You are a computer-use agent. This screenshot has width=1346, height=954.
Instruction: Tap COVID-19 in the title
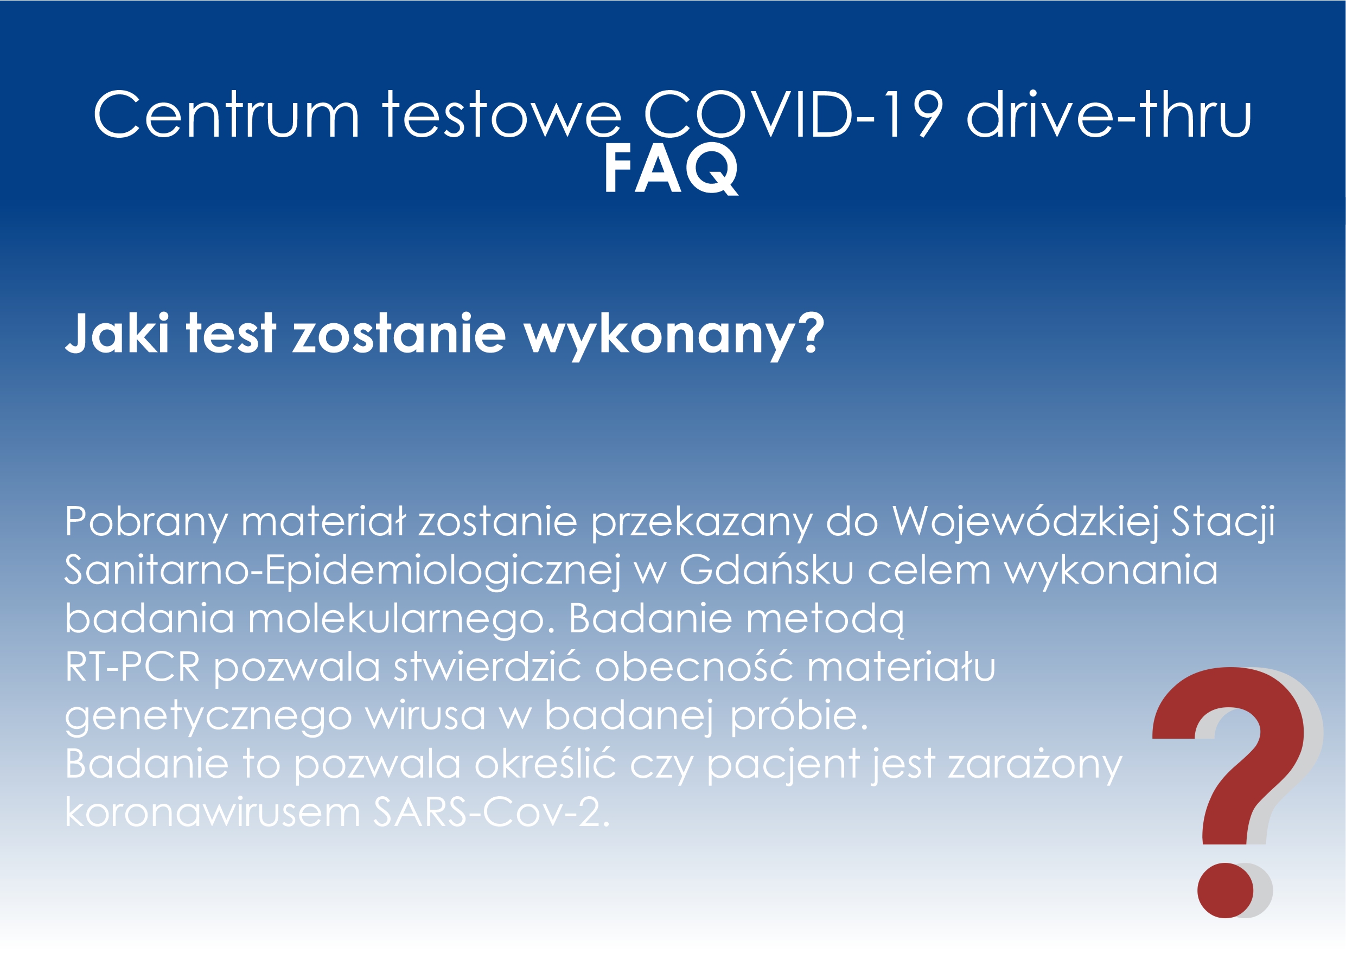(x=793, y=114)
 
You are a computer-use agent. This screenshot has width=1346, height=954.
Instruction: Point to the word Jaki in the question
(x=118, y=333)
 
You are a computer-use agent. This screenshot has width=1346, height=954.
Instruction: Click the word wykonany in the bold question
(x=674, y=336)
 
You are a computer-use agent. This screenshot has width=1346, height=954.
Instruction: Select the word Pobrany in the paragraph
(x=146, y=522)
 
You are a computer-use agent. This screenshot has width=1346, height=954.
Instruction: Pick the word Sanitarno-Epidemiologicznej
(x=342, y=571)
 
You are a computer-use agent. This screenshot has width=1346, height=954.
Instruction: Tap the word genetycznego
(x=208, y=717)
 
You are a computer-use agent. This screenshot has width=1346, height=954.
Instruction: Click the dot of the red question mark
(x=1226, y=891)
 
